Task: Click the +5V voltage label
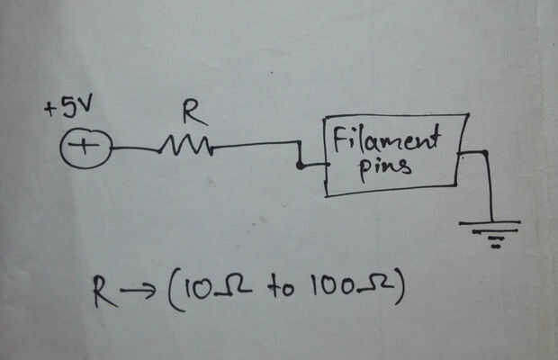coord(69,111)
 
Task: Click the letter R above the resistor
coord(193,112)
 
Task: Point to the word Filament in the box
coord(386,140)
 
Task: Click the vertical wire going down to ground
coord(490,184)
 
